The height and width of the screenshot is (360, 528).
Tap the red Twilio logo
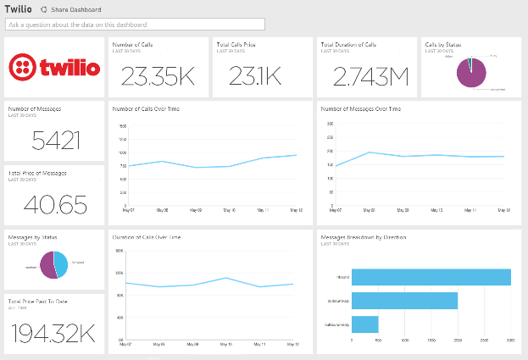pyautogui.click(x=53, y=66)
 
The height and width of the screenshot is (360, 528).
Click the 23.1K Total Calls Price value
pyautogui.click(x=260, y=76)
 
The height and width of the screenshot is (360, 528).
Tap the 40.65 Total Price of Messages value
pyautogui.click(x=55, y=203)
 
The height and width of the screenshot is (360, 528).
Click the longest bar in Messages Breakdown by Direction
pyautogui.click(x=431, y=277)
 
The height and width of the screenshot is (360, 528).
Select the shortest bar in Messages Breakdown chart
pyautogui.click(x=364, y=324)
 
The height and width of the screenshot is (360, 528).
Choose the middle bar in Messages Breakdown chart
pyautogui.click(x=404, y=301)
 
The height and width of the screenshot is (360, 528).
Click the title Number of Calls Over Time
pyautogui.click(x=146, y=108)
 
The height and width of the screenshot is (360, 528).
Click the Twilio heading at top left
pyautogui.click(x=19, y=8)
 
